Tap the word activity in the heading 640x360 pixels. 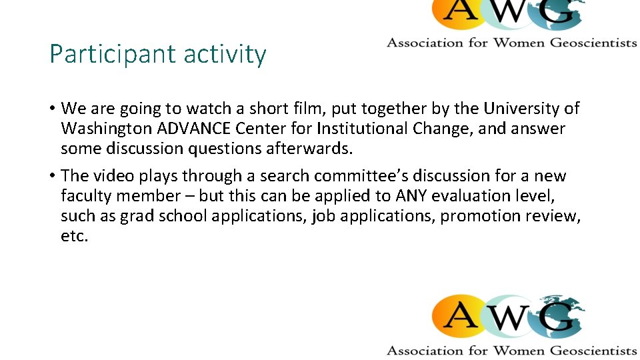pyautogui.click(x=225, y=55)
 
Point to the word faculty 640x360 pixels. pyautogui.click(x=83, y=196)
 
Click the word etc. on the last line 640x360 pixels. pyautogui.click(x=74, y=237)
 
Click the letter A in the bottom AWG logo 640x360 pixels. pyautogui.click(x=460, y=318)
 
